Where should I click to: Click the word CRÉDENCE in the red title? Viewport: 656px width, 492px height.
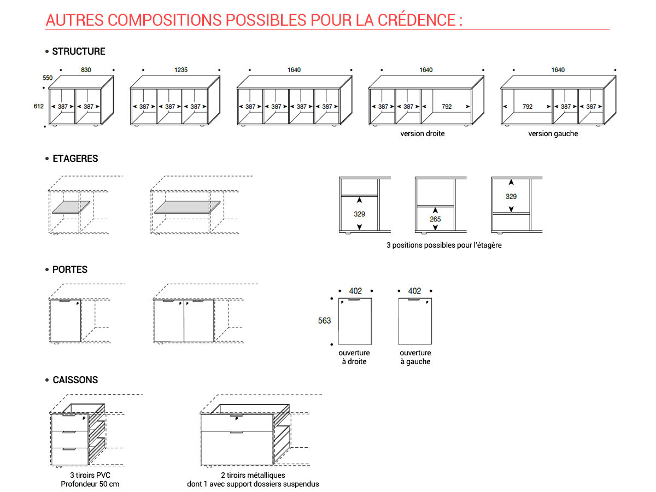point(417,20)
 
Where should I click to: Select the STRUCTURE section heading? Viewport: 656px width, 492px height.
point(79,51)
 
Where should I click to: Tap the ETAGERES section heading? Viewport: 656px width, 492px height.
point(75,159)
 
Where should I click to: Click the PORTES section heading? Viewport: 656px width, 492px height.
point(70,270)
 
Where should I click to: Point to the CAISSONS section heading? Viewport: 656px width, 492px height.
point(75,380)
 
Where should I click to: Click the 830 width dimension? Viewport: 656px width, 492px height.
point(86,70)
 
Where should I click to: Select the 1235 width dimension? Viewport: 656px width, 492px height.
point(181,70)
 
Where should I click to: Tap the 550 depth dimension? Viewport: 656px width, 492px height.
point(48,78)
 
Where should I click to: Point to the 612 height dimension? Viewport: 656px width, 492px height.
point(39,107)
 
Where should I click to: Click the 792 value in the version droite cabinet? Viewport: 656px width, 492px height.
point(447,107)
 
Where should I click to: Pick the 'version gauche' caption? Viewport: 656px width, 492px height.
point(553,133)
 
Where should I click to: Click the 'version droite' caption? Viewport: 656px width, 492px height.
point(422,133)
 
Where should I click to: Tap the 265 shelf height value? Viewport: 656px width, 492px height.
point(435,219)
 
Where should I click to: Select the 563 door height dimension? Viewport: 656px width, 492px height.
point(324,320)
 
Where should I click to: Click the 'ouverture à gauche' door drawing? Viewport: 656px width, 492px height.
point(415,321)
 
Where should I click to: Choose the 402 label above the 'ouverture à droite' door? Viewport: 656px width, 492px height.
point(355,291)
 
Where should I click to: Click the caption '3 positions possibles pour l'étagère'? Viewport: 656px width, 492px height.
point(444,245)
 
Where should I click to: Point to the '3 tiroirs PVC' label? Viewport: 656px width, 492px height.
point(90,475)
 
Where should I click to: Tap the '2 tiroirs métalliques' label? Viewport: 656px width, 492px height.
point(253,475)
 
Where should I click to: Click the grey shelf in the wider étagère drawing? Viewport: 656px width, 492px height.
point(188,207)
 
